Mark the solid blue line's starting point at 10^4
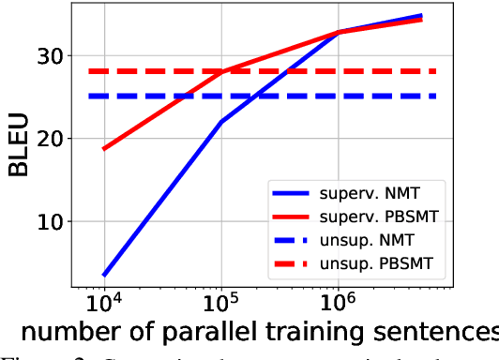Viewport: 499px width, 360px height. [x=103, y=276]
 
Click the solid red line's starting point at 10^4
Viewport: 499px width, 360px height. [x=103, y=149]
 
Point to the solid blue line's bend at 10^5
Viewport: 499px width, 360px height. [x=221, y=121]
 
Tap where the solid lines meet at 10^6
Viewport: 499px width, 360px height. [x=339, y=32]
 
